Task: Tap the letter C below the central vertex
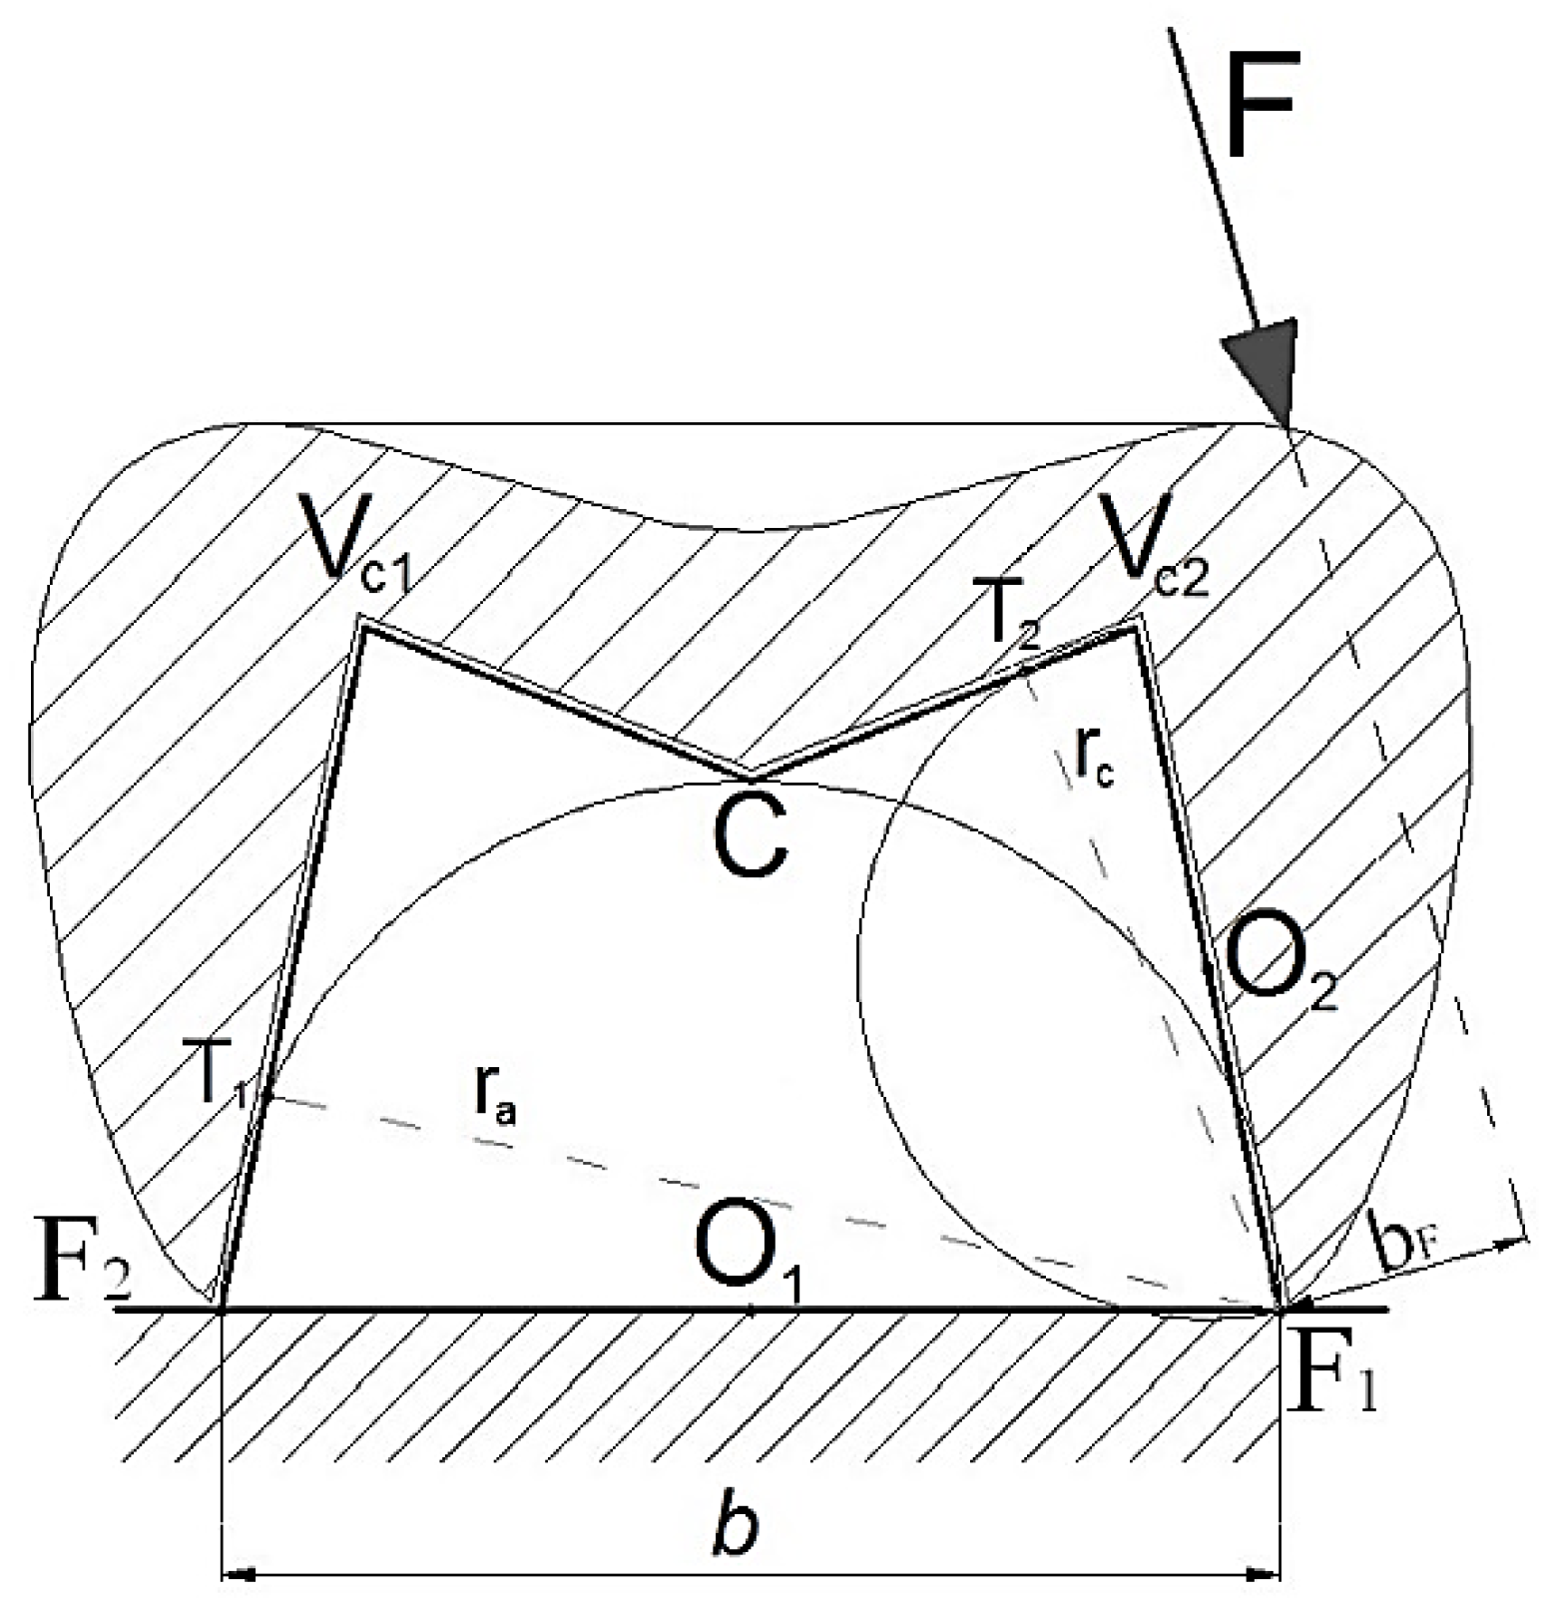pyautogui.click(x=751, y=838)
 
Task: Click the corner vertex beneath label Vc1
pyautogui.click(x=361, y=625)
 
